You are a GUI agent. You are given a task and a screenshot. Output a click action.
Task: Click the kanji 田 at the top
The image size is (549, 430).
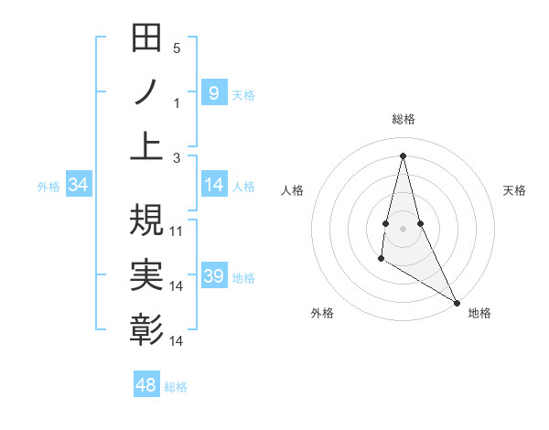[x=146, y=40]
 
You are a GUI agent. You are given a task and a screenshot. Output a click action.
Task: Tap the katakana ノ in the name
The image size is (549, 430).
[x=146, y=93]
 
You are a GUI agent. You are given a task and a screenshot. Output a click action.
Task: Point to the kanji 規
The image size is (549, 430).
[x=146, y=220]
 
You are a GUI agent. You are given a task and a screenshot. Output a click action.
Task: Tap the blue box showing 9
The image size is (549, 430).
[x=214, y=92]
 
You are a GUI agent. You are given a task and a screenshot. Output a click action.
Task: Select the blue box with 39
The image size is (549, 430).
[x=214, y=276]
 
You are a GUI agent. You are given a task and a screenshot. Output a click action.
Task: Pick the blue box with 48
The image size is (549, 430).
[x=146, y=385]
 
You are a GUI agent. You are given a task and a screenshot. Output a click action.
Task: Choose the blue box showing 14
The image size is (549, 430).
[x=214, y=185]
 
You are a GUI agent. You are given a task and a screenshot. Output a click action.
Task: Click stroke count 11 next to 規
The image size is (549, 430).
[x=177, y=231]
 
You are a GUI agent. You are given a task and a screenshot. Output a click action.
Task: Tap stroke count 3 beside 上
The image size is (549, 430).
[x=177, y=158]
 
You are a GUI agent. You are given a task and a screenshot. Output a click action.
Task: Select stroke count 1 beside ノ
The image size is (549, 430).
[x=177, y=103]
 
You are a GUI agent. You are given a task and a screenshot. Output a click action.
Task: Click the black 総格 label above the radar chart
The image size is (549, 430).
[x=403, y=119]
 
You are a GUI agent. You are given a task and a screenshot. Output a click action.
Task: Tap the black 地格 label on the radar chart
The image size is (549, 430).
[x=479, y=313]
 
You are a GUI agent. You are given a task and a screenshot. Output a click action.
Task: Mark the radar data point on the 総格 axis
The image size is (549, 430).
[x=403, y=155]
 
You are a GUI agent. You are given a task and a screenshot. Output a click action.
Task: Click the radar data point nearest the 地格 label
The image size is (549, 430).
[x=457, y=303]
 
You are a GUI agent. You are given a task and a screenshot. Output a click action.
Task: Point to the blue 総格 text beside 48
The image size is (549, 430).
[x=176, y=387]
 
